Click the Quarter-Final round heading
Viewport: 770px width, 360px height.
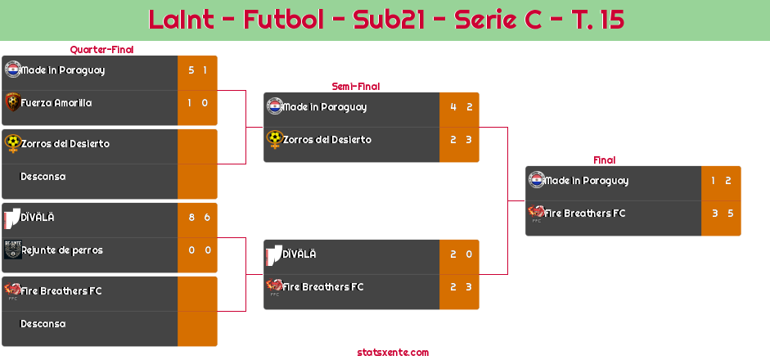coord(101,49)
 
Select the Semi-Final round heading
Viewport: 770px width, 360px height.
coord(356,87)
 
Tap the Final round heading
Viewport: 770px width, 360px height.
coord(605,160)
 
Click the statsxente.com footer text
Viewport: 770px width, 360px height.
coord(393,352)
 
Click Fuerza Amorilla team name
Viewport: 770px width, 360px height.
coord(56,103)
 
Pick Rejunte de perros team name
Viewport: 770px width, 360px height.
coord(62,250)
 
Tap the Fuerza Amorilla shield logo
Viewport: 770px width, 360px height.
coord(13,102)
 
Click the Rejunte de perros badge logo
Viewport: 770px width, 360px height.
coord(13,250)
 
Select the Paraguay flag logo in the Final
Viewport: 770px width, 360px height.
coord(537,180)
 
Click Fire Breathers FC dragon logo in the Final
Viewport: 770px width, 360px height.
coord(536,212)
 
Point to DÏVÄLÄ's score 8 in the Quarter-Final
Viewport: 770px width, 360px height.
coord(191,217)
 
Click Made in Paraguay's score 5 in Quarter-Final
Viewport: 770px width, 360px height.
coord(191,70)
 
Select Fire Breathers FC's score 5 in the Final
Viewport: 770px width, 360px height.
coord(731,214)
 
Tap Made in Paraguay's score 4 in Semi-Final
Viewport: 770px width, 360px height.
coord(453,107)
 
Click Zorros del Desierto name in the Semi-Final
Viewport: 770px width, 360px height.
coord(327,140)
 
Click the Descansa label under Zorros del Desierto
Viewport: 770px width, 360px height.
coord(43,176)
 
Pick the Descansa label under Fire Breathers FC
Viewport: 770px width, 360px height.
coord(43,324)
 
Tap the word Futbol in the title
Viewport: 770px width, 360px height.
coord(283,20)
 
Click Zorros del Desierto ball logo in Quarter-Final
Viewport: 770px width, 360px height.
coord(13,143)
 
